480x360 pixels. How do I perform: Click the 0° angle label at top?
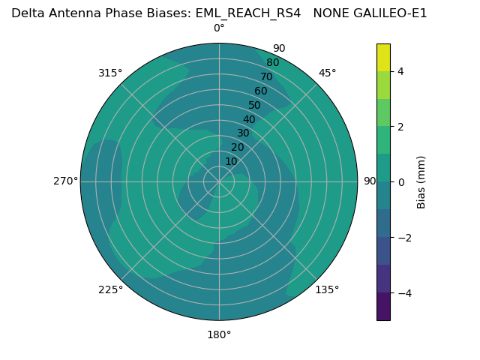tap(219, 28)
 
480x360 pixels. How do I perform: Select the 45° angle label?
tap(327, 73)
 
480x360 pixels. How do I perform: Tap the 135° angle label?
tap(327, 289)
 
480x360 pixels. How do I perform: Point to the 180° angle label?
tap(219, 334)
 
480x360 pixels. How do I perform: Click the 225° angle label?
tap(110, 289)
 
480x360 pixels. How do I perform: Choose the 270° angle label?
tap(65, 181)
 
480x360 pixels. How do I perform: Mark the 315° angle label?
tap(110, 73)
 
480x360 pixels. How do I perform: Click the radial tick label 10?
tap(231, 161)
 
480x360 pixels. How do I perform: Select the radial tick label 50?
tap(255, 106)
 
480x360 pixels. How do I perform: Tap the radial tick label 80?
tap(273, 63)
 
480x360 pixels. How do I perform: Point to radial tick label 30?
tap(243, 133)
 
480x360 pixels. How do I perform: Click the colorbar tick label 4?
tap(400, 71)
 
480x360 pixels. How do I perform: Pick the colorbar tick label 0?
tap(400, 182)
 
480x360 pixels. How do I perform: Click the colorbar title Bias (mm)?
tap(421, 182)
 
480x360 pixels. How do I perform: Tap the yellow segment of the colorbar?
tap(383, 58)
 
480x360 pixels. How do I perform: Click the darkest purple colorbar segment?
tap(383, 307)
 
